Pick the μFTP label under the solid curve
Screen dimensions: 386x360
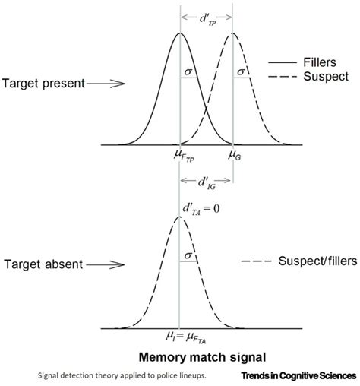pos(183,157)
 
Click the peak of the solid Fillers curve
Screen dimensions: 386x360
pos(180,33)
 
